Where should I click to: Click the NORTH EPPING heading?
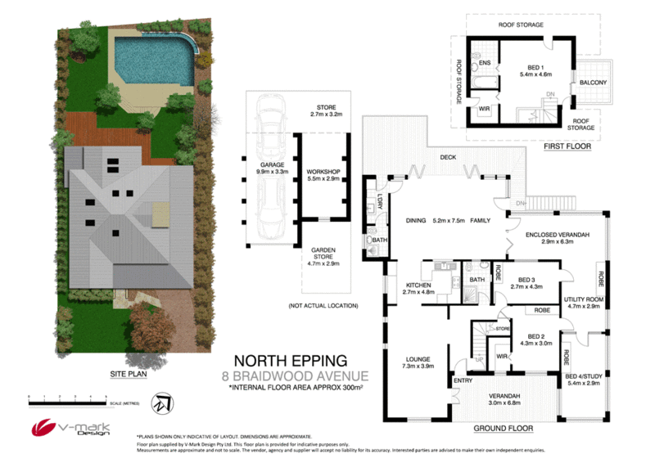tap(291, 359)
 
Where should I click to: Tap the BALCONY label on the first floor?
tap(593, 83)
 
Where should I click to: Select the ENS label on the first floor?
tap(484, 63)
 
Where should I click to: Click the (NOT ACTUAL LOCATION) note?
tap(323, 305)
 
